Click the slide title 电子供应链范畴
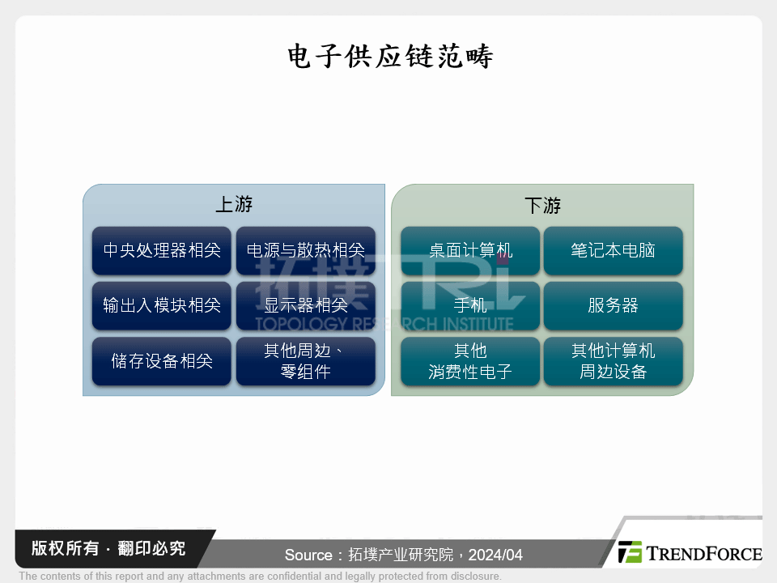pos(390,56)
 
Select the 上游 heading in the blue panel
pos(234,204)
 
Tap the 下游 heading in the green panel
pos(542,205)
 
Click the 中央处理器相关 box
pos(162,250)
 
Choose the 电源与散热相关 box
pos(306,250)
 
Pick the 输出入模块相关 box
pos(162,305)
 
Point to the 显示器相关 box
pos(306,305)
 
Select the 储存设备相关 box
pos(162,361)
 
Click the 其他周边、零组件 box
pos(306,361)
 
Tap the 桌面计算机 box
pos(470,250)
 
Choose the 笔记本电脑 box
pos(613,250)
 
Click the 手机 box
pos(470,305)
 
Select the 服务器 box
pos(613,305)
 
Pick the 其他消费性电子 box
pos(470,361)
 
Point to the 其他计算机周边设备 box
pos(613,361)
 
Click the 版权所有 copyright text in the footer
pos(65,548)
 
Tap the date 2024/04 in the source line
pos(495,555)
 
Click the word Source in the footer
pos(308,555)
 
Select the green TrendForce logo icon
pos(630,551)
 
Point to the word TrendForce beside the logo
pos(703,554)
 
